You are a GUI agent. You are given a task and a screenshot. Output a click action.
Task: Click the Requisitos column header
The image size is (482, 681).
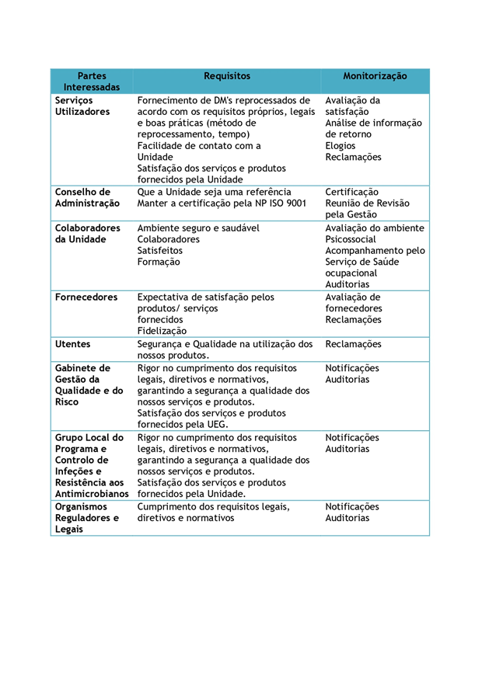click(226, 76)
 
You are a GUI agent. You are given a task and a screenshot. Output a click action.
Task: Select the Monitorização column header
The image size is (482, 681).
click(375, 76)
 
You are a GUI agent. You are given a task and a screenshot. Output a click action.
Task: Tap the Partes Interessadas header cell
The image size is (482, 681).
click(92, 82)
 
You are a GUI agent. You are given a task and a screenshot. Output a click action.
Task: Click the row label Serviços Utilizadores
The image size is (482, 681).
click(82, 106)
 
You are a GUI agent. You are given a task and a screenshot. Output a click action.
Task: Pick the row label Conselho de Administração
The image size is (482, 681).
click(87, 198)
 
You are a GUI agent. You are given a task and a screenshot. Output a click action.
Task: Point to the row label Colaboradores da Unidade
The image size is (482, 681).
click(87, 234)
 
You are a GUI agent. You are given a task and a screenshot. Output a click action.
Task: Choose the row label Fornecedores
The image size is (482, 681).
click(86, 297)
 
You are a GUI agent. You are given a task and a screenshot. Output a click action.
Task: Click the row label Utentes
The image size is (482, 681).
click(72, 344)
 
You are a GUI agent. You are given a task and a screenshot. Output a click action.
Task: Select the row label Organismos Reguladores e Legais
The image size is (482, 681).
click(87, 518)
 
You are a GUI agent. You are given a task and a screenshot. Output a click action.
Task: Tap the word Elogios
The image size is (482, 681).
click(341, 146)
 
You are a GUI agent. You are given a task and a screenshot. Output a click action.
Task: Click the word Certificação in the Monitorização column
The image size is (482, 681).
click(352, 192)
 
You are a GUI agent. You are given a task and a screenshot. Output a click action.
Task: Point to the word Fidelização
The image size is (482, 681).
click(162, 331)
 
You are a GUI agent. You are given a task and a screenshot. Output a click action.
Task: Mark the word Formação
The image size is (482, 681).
click(159, 262)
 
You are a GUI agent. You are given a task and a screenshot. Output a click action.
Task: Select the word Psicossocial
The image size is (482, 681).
click(351, 240)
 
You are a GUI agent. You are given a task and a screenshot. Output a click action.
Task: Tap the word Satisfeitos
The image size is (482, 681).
click(160, 251)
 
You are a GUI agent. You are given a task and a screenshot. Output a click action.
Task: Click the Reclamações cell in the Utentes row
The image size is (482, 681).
click(354, 344)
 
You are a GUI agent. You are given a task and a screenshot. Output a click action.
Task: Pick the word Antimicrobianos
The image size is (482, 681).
click(92, 494)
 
